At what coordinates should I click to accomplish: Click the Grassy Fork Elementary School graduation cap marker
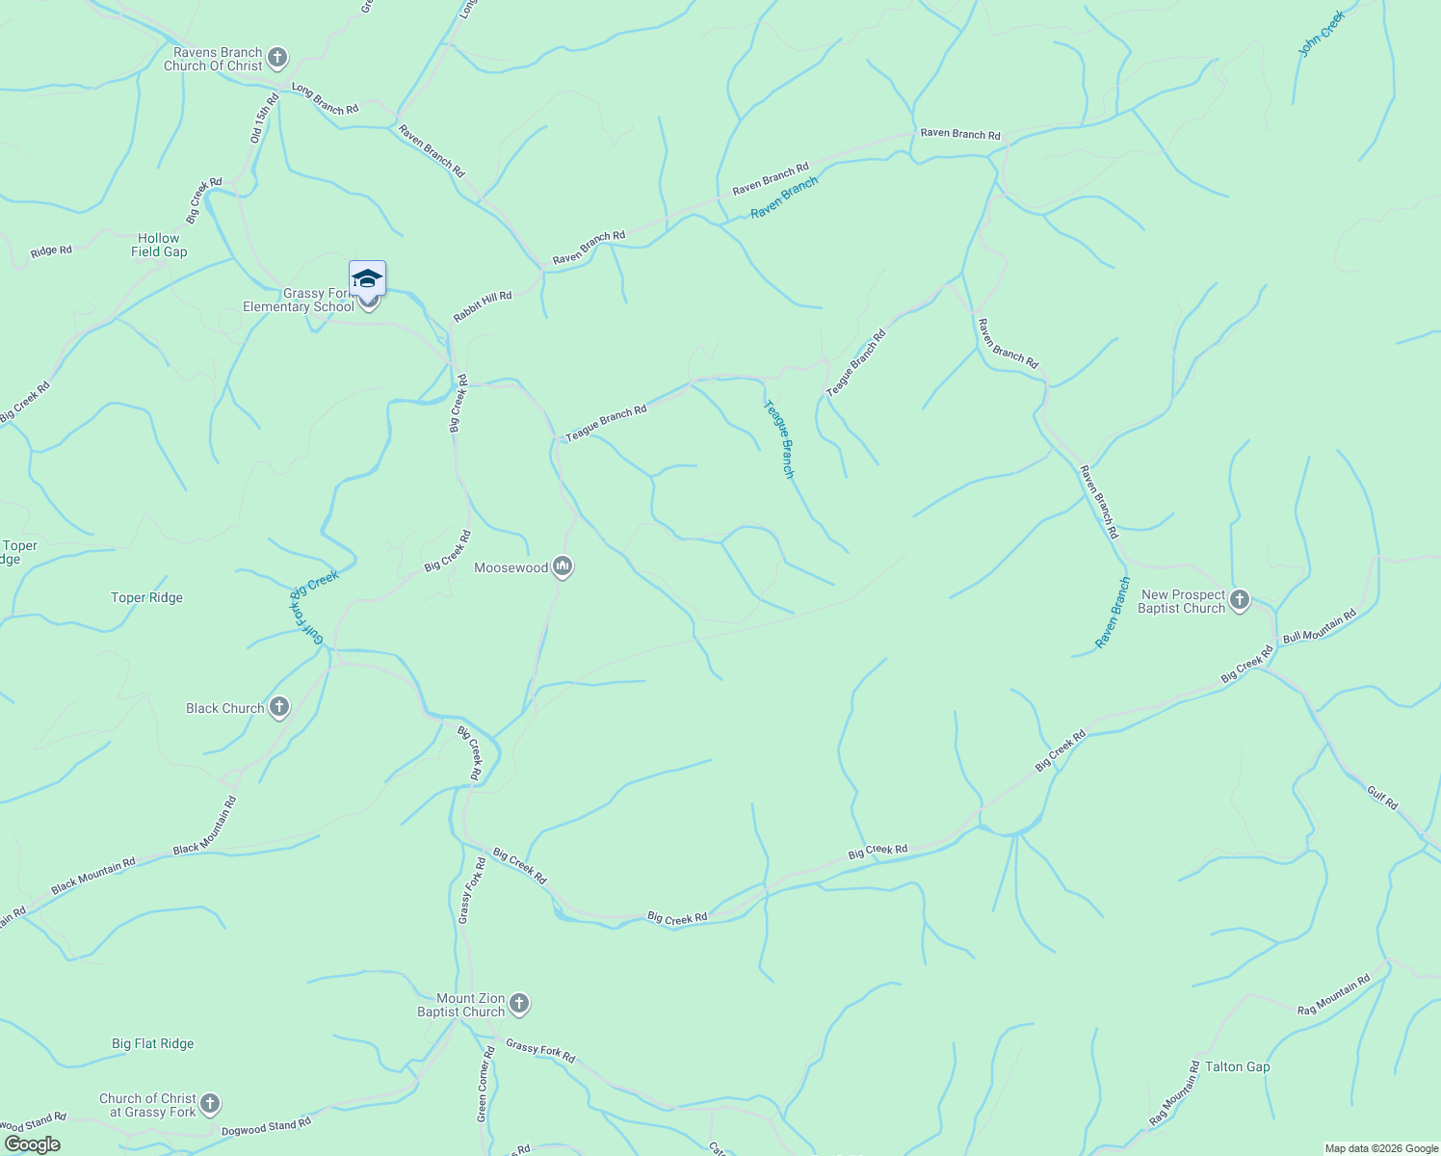tap(367, 278)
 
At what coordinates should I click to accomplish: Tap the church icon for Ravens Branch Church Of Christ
tap(277, 59)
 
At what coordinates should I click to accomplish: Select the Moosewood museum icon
tap(563, 567)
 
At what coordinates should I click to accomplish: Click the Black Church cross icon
tap(279, 708)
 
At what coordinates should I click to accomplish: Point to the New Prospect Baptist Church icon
tap(1240, 601)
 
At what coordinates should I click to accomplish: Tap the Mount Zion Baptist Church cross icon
tap(518, 1005)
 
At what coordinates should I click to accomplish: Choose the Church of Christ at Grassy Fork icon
tap(210, 1104)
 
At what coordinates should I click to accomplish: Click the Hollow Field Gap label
tap(159, 245)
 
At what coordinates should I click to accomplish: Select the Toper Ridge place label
tap(146, 597)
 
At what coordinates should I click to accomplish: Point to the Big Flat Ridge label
tap(152, 1043)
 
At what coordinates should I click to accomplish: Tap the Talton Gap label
tap(1238, 1066)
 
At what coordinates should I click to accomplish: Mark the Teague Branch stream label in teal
tap(778, 439)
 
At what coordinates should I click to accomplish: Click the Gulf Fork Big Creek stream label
tap(314, 606)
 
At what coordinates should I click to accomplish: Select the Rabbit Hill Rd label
tap(483, 307)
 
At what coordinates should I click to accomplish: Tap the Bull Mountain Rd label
tap(1319, 626)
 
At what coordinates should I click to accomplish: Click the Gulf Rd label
tap(1382, 797)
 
